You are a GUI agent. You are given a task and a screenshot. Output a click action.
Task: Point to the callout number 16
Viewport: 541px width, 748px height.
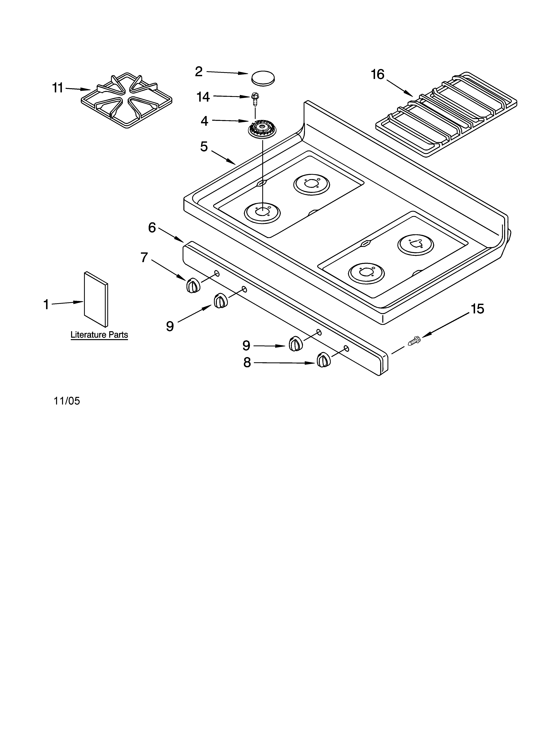(378, 75)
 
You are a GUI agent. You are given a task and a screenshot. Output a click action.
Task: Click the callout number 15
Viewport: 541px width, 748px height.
(477, 309)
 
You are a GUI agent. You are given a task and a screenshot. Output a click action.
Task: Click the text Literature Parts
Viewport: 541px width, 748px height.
(99, 335)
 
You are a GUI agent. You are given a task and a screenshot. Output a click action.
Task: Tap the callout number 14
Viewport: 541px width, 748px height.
(203, 97)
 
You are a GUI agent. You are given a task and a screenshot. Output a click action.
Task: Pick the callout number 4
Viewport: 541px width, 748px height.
(204, 121)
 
